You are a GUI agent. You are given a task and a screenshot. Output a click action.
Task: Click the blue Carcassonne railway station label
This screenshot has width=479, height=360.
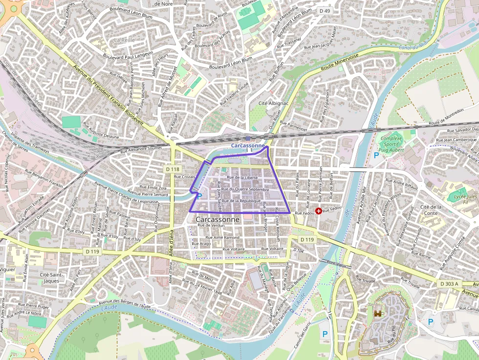tap(248, 146)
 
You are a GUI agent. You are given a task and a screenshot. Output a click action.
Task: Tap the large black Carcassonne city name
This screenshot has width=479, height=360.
tap(218, 220)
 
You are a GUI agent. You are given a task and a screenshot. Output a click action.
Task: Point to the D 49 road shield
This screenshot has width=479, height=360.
tap(324, 11)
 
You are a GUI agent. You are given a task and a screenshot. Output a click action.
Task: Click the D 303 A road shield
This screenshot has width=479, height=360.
tap(449, 284)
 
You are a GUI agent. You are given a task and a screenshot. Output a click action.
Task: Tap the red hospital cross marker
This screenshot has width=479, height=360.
tap(319, 211)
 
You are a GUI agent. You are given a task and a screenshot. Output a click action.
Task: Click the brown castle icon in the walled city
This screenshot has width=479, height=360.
tap(378, 314)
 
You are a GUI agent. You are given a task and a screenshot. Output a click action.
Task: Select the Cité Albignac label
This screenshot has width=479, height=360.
tap(273, 104)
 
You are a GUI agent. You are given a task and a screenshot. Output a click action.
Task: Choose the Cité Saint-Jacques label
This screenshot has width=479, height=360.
tap(51, 277)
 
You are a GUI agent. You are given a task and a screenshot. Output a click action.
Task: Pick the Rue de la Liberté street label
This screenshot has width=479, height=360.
tap(242, 177)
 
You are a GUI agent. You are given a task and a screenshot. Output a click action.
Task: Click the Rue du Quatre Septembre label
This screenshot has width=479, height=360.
tap(245, 189)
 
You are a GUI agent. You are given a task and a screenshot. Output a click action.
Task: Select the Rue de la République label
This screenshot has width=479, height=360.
tap(241, 201)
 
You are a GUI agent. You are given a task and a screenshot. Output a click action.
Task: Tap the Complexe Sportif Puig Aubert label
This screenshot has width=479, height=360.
tap(391, 145)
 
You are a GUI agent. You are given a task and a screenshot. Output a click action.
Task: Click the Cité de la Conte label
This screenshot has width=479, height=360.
tap(431, 210)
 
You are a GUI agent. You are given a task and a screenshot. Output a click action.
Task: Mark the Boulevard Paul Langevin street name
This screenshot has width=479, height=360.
tap(128, 55)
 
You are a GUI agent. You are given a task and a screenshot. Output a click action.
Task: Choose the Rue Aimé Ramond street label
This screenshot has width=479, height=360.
tap(224, 237)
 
